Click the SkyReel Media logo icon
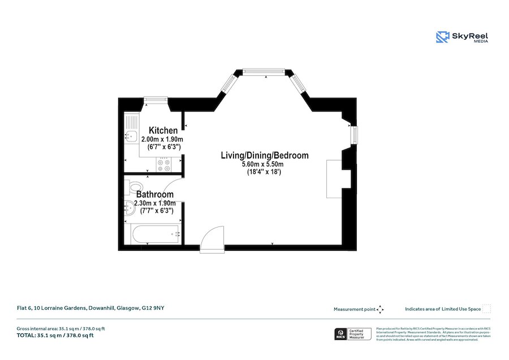click(x=442, y=37)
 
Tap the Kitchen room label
click(x=163, y=131)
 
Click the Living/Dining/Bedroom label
click(x=265, y=155)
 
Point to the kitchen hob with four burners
click(x=165, y=165)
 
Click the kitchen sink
click(x=130, y=136)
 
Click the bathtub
click(x=154, y=234)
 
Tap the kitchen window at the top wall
click(x=155, y=100)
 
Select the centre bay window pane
click(x=264, y=71)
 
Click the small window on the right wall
click(x=354, y=136)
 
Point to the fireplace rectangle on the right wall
click(x=334, y=178)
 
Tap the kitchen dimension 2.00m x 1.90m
click(x=162, y=139)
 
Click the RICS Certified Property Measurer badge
click(x=354, y=334)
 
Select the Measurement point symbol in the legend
click(x=381, y=309)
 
